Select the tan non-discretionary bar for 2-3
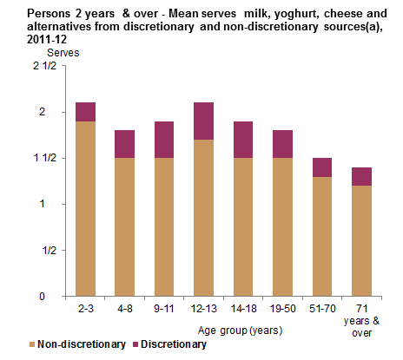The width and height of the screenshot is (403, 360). [x=85, y=208]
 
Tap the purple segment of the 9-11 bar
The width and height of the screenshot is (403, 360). [x=165, y=139]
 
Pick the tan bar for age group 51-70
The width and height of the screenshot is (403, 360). [x=323, y=236]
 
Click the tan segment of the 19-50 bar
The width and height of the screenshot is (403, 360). [x=283, y=226]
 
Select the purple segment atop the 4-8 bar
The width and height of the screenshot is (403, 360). [x=125, y=143]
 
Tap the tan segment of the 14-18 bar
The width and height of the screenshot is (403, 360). [x=244, y=226]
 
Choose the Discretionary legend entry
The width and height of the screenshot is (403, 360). [x=170, y=344]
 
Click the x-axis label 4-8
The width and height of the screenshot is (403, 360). [x=125, y=308]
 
